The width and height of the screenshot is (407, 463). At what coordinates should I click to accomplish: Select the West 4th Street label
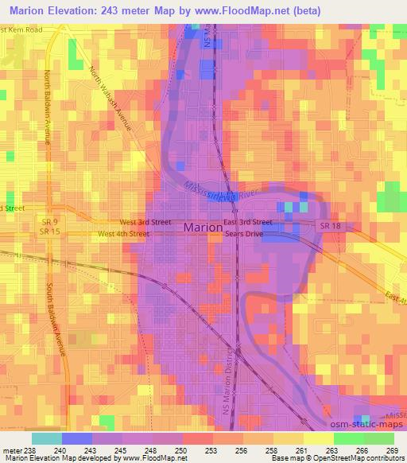coord(123,235)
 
